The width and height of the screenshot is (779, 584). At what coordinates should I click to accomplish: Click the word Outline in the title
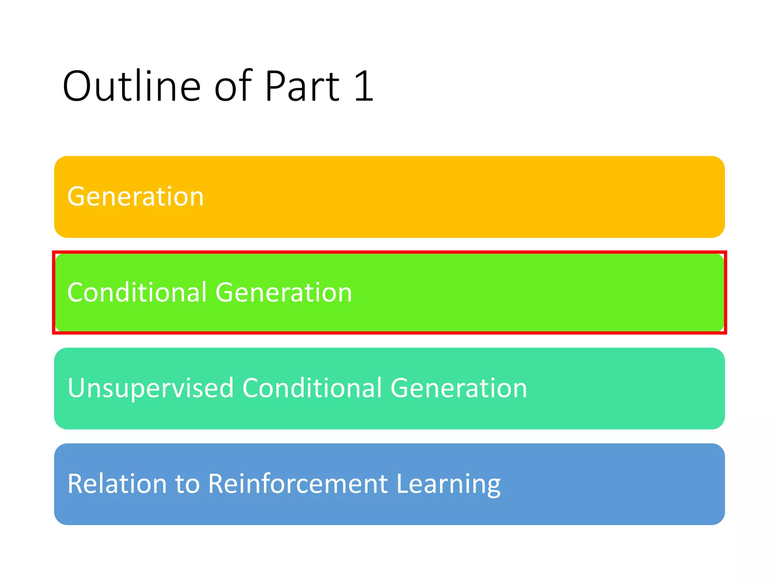[x=131, y=86]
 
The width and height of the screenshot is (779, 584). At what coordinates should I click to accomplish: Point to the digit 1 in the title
[x=364, y=86]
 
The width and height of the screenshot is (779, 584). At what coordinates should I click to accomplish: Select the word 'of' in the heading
[x=233, y=86]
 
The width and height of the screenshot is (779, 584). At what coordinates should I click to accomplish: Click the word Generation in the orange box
[x=136, y=197]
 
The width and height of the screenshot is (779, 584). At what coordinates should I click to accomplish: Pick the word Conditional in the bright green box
[x=137, y=292]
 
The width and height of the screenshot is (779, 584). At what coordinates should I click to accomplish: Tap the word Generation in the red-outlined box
[x=284, y=292]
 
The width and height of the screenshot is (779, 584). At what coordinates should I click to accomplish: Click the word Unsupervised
[x=151, y=388]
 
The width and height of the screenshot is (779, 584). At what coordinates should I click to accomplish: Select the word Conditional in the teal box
[x=312, y=388]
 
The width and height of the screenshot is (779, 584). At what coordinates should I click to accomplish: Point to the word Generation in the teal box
[x=459, y=388]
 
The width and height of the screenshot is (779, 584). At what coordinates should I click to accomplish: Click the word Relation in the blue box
[x=117, y=484]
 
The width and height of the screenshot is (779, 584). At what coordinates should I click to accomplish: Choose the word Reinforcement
[x=298, y=484]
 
